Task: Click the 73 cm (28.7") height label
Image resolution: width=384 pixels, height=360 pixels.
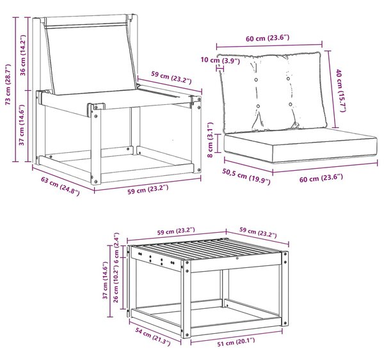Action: point(8,84)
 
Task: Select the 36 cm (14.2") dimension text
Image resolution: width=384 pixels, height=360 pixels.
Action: point(23,55)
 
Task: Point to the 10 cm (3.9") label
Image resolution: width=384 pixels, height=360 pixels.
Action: point(220,60)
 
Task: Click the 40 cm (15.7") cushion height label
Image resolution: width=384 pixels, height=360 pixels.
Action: point(341,90)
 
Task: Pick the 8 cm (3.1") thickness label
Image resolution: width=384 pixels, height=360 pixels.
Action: point(211,140)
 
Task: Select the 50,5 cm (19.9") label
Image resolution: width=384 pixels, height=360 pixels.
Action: point(246,176)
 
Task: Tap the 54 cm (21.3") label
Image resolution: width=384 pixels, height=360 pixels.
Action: point(153,337)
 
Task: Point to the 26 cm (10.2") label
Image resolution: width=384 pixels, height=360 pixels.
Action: point(116,284)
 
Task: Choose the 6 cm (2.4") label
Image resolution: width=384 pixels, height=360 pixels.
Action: point(116,247)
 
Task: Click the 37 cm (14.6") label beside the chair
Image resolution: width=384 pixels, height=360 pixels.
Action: point(22,125)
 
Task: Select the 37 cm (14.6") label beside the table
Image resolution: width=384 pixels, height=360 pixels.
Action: point(106,280)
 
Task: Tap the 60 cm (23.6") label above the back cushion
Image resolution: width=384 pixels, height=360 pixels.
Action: point(268,38)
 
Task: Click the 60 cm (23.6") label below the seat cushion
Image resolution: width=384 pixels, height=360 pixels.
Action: point(321,178)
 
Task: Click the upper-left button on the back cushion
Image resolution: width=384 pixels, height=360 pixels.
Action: point(256,80)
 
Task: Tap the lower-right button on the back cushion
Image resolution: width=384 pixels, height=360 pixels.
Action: point(290,104)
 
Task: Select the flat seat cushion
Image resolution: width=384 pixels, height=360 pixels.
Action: point(301,146)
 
